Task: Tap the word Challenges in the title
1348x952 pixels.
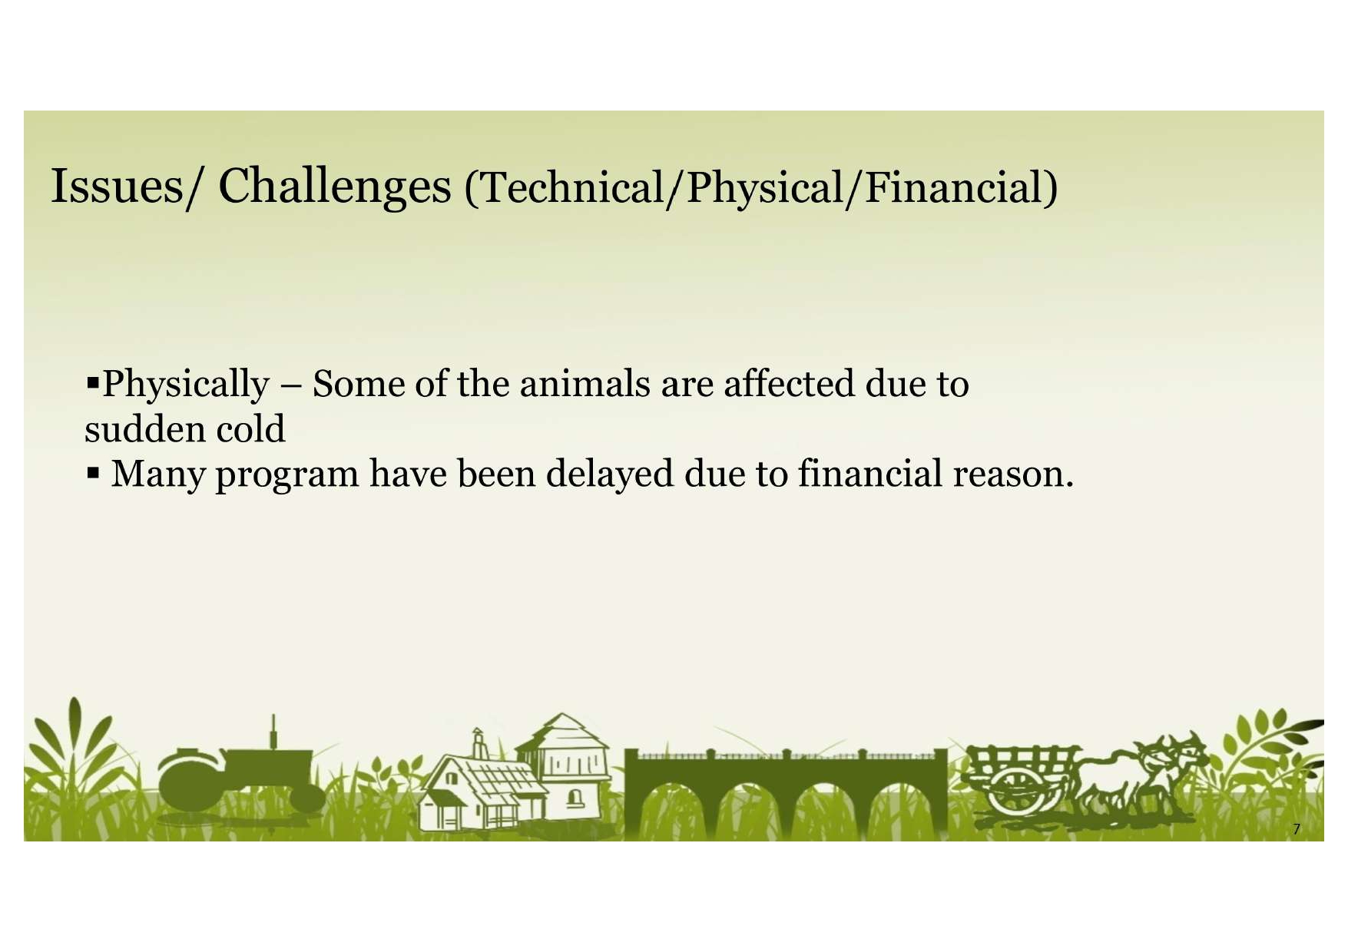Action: click(335, 186)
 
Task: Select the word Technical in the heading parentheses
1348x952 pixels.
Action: click(572, 188)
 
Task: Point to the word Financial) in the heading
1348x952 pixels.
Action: click(962, 188)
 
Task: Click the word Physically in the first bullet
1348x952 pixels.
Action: click(186, 384)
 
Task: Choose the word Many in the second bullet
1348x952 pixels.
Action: click(157, 474)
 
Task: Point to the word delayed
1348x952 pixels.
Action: click(610, 474)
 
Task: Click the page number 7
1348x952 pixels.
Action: click(1297, 828)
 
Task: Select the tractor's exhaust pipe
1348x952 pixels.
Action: click(273, 732)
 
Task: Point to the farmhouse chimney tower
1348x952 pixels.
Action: click(479, 744)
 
